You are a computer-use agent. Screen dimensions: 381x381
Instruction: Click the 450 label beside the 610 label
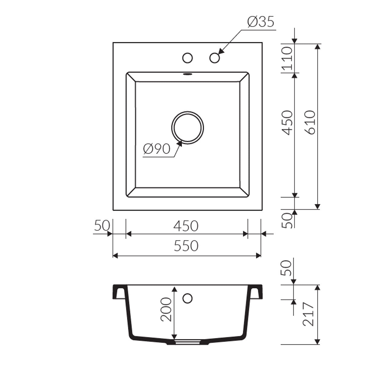287,122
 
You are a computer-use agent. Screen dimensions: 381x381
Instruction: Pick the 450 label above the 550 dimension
186,226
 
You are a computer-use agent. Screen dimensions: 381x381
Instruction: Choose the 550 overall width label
186,246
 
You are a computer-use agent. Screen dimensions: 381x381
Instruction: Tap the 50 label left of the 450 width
102,225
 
